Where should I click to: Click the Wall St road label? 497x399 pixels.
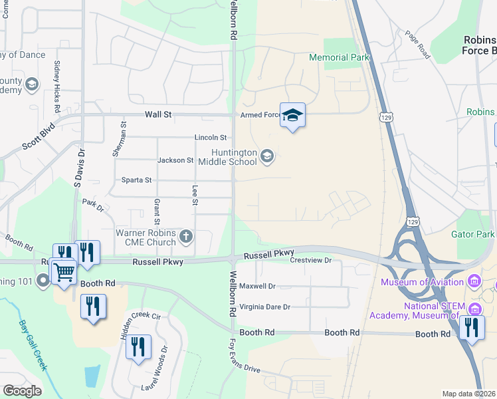159,114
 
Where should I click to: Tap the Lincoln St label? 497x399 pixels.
211,138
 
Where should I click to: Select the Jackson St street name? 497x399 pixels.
175,160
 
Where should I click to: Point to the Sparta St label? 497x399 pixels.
136,180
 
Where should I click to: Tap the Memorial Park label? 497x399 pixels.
339,58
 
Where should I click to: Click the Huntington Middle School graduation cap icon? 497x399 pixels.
266,156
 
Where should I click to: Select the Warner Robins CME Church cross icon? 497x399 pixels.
187,235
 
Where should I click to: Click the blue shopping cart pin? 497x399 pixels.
63,271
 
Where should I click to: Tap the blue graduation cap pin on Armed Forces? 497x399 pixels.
292,116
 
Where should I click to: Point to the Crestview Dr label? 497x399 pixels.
311,261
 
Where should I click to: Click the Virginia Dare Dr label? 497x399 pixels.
265,307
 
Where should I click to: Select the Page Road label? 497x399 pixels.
417,45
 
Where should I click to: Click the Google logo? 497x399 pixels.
22,390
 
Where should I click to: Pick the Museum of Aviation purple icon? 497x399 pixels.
474,282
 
